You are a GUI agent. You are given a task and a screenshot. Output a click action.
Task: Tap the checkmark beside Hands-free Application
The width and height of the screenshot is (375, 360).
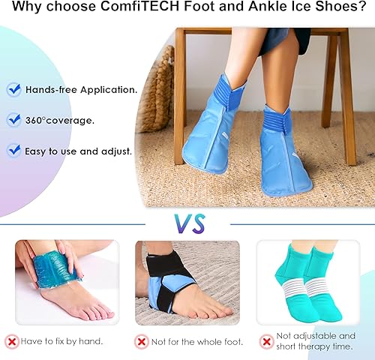pos(14,89)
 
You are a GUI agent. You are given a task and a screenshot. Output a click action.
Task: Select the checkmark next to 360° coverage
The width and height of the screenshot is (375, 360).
pos(14,120)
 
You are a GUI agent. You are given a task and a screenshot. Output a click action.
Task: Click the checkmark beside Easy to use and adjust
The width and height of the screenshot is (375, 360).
pos(14,150)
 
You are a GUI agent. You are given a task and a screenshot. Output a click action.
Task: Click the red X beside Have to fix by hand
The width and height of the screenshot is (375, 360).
pos(12,341)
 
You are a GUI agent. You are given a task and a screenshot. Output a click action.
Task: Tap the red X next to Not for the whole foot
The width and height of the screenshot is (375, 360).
pos(140,341)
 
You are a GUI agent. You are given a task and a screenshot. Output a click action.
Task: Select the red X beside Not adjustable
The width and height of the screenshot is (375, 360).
pos(266,341)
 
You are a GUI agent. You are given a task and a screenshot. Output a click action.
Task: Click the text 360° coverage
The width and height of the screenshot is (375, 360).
pos(61,120)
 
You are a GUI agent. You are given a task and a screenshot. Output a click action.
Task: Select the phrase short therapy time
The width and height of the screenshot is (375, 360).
pos(316,346)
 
